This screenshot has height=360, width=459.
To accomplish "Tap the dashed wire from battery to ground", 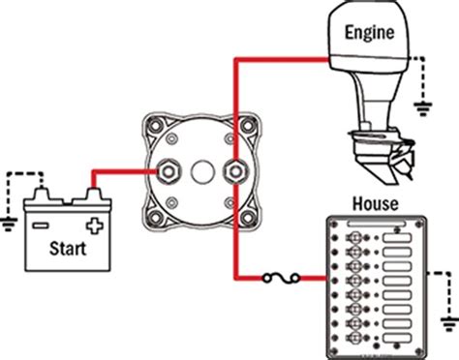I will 19,176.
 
